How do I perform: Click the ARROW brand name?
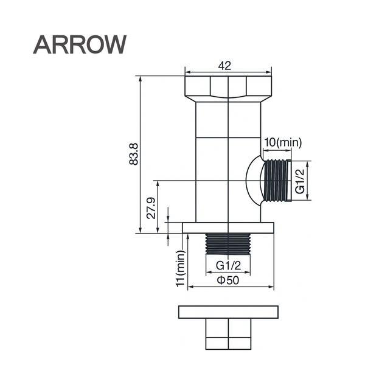pos(80,44)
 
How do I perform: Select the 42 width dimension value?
pos(224,66)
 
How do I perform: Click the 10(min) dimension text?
pos(282,142)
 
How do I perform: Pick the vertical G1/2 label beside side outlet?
pos(299,181)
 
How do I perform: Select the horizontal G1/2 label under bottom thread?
pos(228,265)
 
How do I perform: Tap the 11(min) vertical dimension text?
pos(180,267)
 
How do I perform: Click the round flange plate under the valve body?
pos(228,228)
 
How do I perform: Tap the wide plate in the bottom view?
pos(228,311)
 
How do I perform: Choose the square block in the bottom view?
pos(228,334)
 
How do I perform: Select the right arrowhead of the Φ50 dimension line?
pos(271,286)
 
